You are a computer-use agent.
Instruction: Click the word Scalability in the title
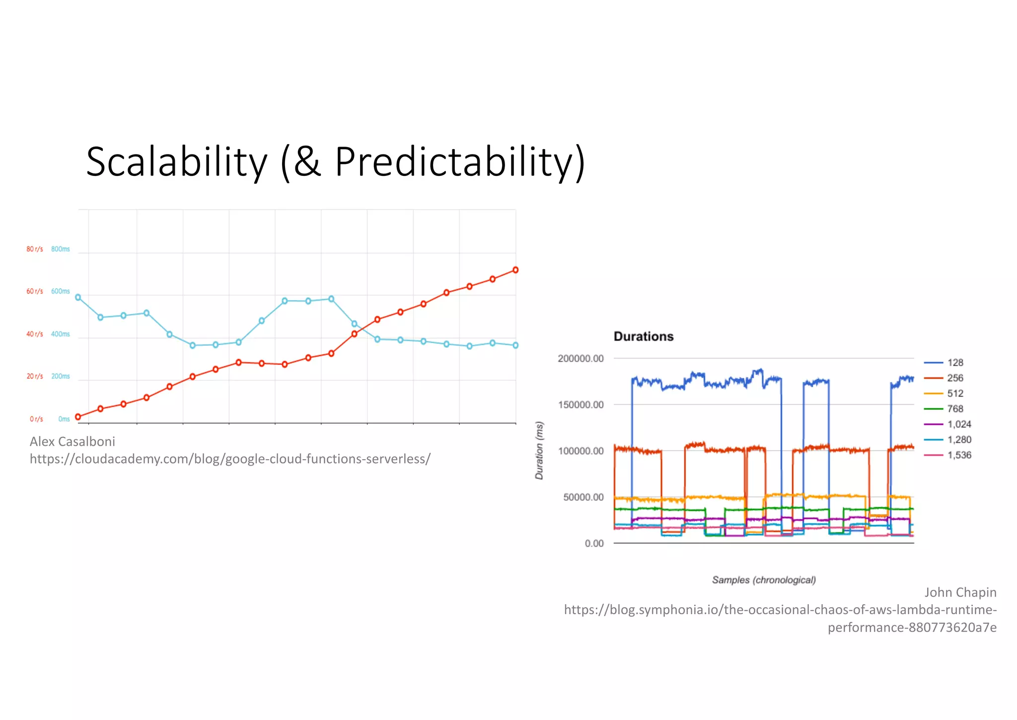coord(176,162)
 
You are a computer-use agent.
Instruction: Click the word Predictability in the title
coord(454,162)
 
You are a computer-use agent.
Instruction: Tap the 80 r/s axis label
coord(35,249)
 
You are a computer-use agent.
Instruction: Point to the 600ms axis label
coord(61,291)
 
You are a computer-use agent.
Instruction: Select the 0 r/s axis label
coord(36,419)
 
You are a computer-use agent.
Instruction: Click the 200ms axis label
coord(61,376)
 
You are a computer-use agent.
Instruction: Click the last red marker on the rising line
coord(515,270)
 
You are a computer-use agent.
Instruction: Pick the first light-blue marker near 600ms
coord(78,297)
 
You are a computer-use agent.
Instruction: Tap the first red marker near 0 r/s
coord(78,417)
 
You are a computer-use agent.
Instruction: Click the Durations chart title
coord(644,336)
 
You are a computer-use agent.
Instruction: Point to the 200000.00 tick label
coord(581,359)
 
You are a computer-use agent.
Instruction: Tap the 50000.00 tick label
coord(583,497)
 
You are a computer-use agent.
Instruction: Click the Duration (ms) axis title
coord(539,450)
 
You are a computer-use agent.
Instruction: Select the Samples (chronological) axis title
coord(764,580)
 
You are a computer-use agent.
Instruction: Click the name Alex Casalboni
coord(73,441)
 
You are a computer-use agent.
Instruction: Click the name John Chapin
coord(960,592)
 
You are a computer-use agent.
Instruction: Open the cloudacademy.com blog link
coord(230,459)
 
